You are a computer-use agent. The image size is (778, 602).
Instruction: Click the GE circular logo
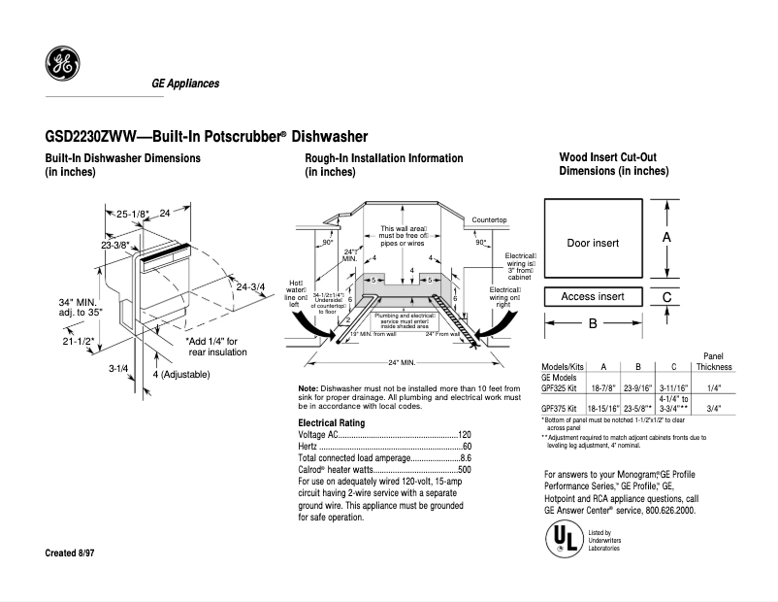click(63, 65)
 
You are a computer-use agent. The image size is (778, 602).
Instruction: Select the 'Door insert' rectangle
click(593, 242)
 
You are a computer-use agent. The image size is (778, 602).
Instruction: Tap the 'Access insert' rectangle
click(593, 296)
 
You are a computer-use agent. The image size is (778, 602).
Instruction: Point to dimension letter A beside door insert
click(666, 237)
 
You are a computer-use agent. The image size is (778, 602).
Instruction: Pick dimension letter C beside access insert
click(666, 297)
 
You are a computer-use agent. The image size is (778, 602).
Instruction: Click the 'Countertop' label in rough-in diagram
click(490, 220)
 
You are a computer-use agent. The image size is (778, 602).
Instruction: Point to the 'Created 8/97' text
click(72, 552)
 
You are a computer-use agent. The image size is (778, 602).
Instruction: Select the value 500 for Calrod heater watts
click(464, 469)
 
